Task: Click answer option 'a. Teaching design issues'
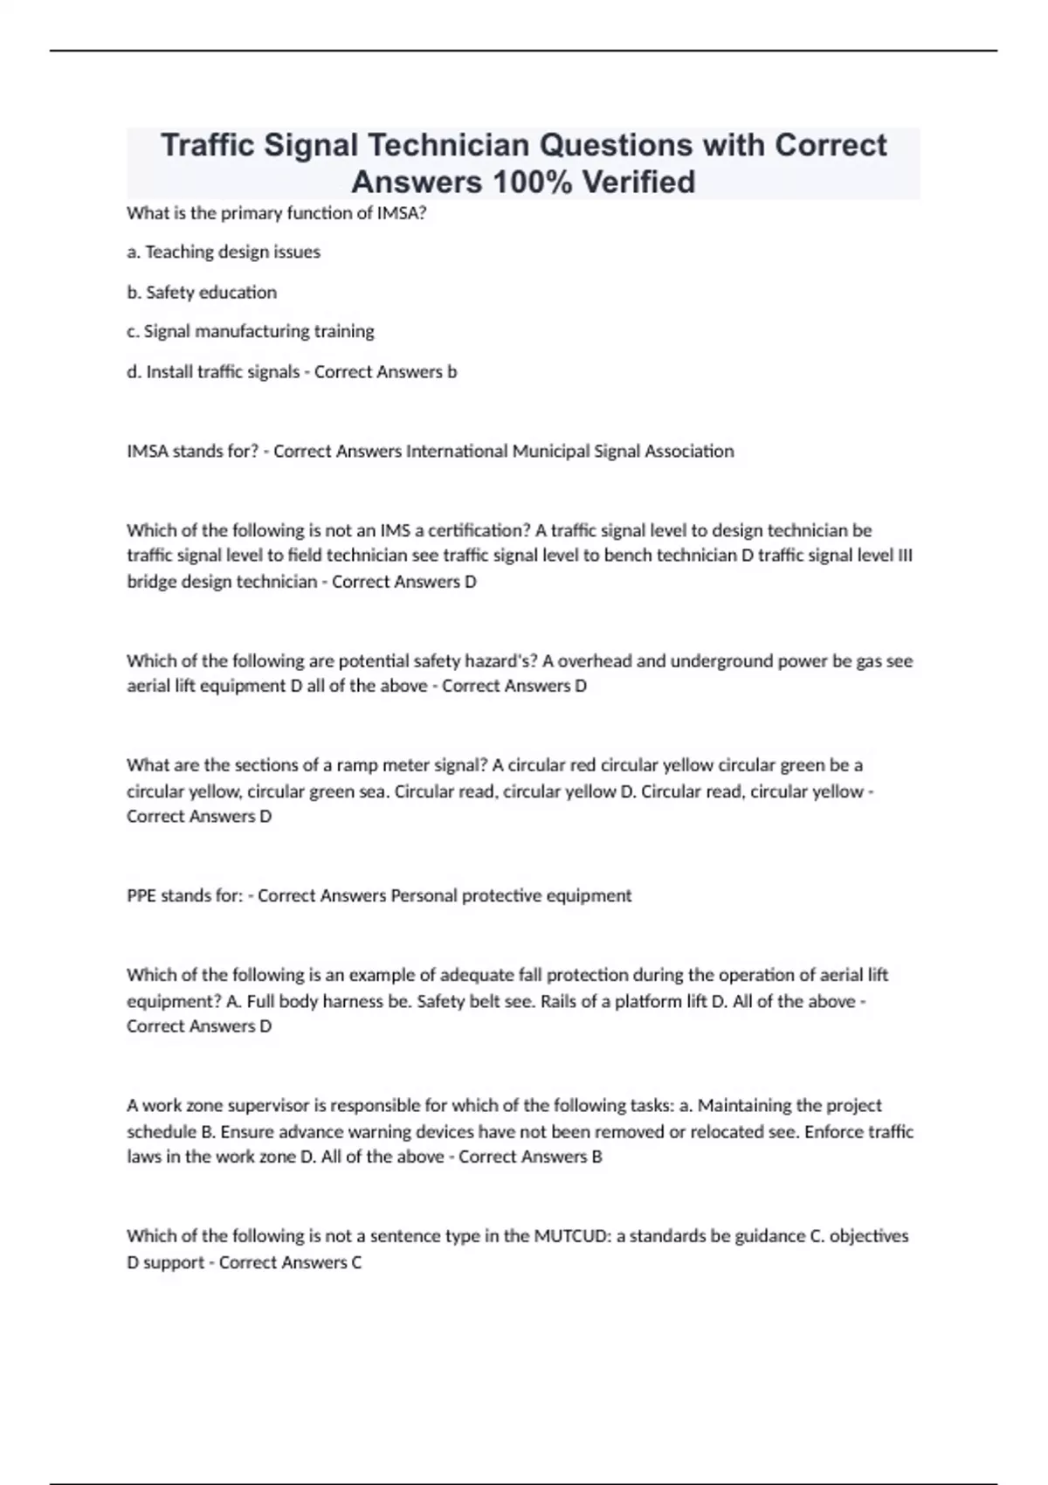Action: [224, 252]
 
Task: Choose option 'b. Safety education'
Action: [202, 293]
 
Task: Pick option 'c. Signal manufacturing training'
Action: [251, 332]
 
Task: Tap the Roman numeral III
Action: [906, 556]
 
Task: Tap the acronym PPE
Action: [141, 896]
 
